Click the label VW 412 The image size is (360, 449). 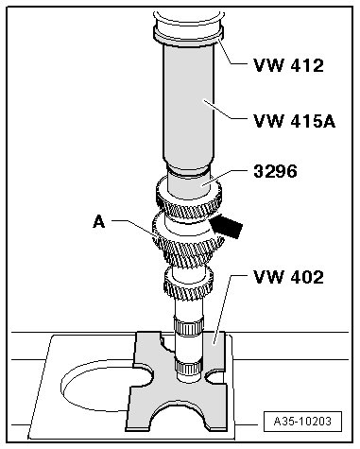pyautogui.click(x=288, y=65)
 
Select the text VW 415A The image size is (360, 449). pyautogui.click(x=295, y=121)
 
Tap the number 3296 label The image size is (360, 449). pyautogui.click(x=275, y=172)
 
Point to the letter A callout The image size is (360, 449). pyautogui.click(x=99, y=222)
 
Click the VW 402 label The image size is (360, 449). pyautogui.click(x=288, y=277)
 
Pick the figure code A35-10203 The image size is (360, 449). pyautogui.click(x=302, y=422)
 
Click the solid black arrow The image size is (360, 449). pyautogui.click(x=226, y=226)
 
